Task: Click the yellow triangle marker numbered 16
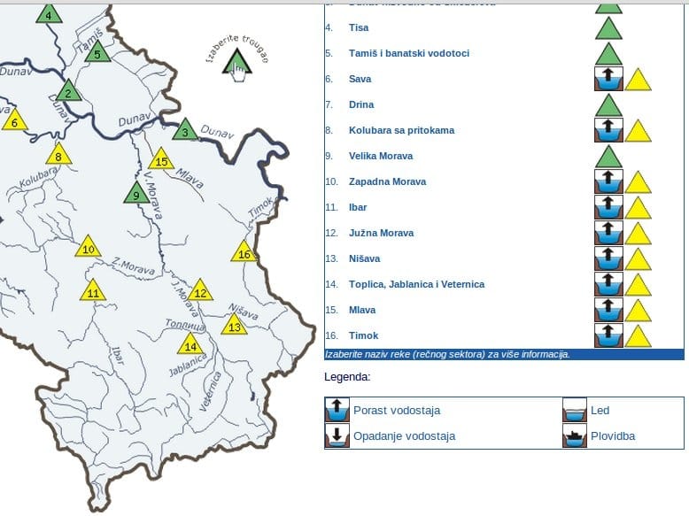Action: [244, 253]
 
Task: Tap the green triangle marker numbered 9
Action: [136, 194]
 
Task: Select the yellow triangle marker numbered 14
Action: [190, 345]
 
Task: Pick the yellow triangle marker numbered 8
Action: [58, 156]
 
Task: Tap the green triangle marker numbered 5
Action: [97, 52]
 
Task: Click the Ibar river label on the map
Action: [115, 355]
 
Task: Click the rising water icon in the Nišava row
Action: [608, 258]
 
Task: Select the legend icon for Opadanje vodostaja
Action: [337, 435]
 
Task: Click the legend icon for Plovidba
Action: [576, 435]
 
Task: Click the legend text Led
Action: [600, 411]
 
